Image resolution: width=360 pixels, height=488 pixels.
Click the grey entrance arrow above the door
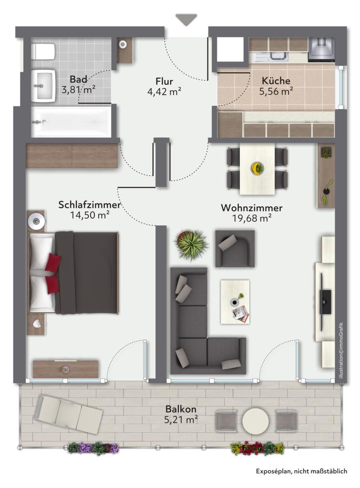click(186, 20)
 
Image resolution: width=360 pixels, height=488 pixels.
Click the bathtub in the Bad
click(71, 122)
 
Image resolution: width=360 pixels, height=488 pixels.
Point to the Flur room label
click(164, 81)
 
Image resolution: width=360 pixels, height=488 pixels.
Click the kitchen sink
click(275, 56)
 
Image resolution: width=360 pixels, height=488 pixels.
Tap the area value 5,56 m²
click(276, 91)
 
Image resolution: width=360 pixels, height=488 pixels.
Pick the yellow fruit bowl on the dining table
click(257, 168)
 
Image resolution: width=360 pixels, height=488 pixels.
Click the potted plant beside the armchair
click(191, 244)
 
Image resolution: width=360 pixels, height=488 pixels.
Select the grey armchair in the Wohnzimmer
click(235, 248)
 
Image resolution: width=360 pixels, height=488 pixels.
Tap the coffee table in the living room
click(235, 302)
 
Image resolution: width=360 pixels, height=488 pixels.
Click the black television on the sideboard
click(326, 302)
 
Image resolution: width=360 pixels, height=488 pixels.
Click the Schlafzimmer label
click(89, 205)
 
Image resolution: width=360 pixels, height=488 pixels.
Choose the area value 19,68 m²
click(252, 218)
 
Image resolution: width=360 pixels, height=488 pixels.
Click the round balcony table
click(256, 420)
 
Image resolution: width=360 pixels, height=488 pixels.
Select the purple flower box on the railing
click(93, 448)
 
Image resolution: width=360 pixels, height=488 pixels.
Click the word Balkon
click(181, 408)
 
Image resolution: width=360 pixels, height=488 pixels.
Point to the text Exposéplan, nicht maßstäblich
click(301, 471)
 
